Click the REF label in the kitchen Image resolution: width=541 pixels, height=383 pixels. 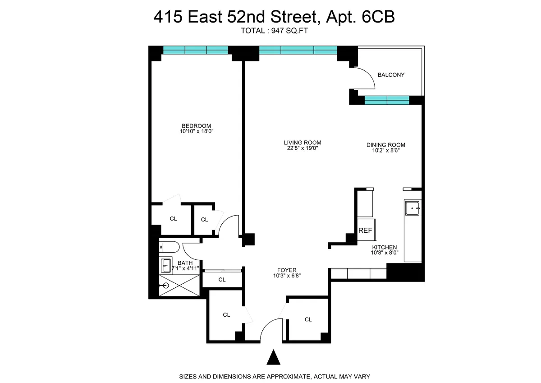coord(365,231)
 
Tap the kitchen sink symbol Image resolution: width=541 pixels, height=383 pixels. coord(413,208)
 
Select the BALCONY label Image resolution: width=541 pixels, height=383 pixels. coord(391,75)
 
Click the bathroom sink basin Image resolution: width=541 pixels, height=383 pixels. coord(166,265)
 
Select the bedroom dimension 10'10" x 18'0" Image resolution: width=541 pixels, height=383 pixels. coord(196,132)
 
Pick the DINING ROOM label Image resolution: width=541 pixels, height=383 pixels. coord(385,145)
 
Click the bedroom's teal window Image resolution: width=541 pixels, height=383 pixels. coord(195,50)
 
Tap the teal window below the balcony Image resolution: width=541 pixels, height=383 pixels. coord(386,100)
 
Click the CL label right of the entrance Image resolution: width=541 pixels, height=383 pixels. coord(308,319)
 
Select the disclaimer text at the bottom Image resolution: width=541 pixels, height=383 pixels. coord(275,376)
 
